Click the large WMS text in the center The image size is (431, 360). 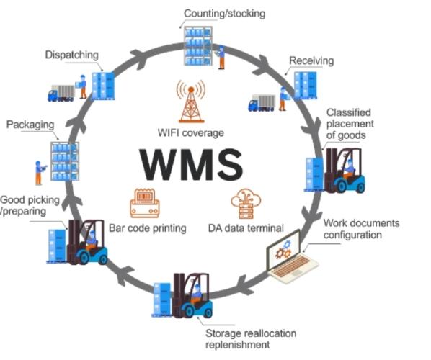pos(191,164)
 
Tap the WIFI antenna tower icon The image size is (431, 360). pos(190,102)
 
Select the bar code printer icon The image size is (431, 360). pos(144,203)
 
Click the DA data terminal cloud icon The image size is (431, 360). pos(242,204)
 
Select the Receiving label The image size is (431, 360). pos(311,61)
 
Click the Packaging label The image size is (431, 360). pos(31,125)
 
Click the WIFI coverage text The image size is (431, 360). pos(190,133)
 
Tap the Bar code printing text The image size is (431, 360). pos(148,228)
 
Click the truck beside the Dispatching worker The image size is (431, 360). pos(62,92)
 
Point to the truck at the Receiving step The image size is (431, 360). pos(262,103)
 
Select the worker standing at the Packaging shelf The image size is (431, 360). pos(38,171)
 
